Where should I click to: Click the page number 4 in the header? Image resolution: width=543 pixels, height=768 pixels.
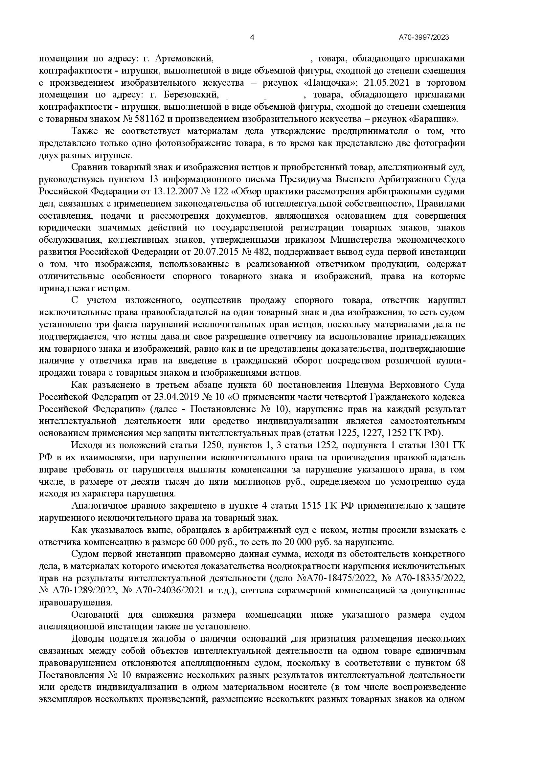click(252, 37)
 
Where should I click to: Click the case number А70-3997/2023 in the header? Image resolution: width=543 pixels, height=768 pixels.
click(423, 37)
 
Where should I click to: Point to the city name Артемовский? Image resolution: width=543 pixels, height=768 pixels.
click(184, 59)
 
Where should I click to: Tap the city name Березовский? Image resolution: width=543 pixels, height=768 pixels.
click(191, 95)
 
